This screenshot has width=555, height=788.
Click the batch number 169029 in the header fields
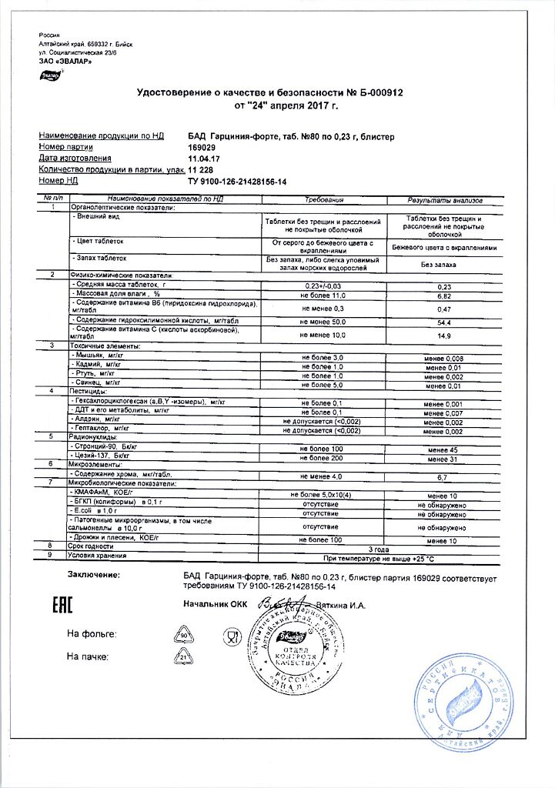pos(201,147)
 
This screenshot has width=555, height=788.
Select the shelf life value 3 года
pos(379,549)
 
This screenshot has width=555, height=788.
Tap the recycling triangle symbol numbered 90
pos(184,634)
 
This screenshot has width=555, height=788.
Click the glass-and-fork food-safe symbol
pos(232,636)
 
